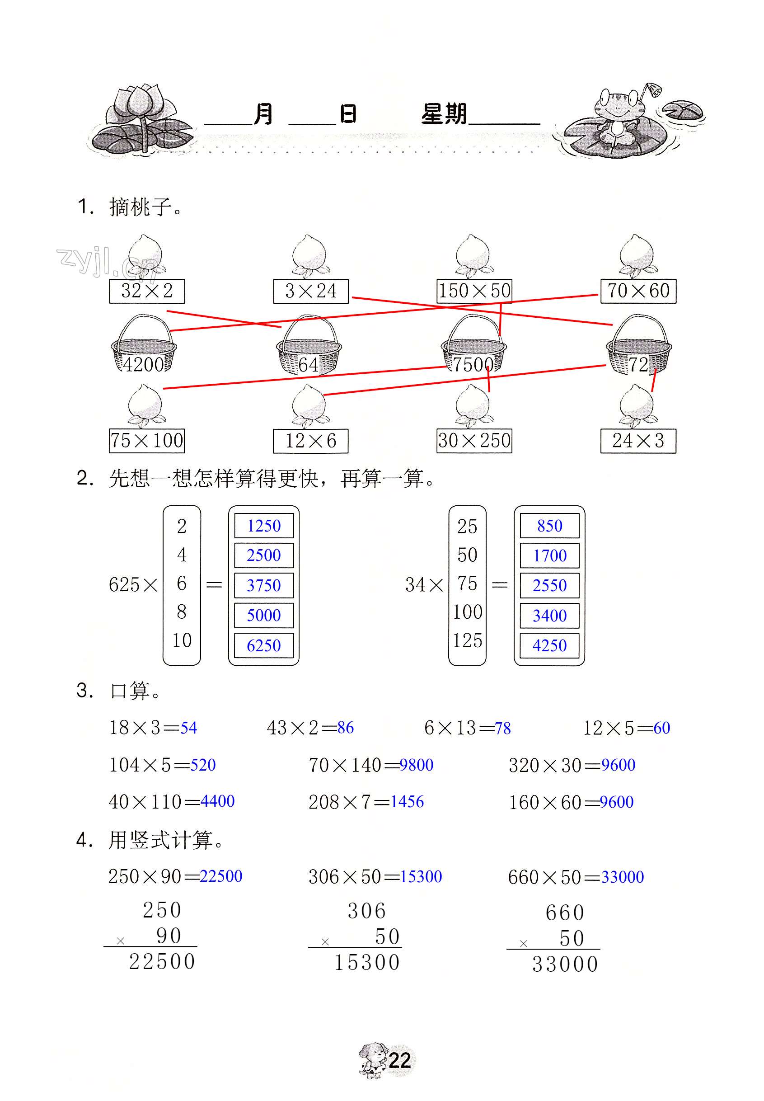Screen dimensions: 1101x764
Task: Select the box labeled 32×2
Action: click(x=146, y=291)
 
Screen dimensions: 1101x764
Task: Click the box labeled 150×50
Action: click(x=474, y=291)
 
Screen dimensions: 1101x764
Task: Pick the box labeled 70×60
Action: click(x=638, y=291)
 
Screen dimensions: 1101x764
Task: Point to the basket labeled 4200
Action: click(x=144, y=346)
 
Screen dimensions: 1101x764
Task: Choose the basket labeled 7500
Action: click(x=473, y=346)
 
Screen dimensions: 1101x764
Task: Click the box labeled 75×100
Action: click(x=146, y=441)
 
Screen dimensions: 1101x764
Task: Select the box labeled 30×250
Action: click(x=474, y=441)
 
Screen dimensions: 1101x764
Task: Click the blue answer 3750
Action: click(x=264, y=585)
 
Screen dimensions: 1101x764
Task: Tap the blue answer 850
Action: click(x=549, y=526)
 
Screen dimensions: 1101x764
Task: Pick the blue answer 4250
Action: click(x=549, y=645)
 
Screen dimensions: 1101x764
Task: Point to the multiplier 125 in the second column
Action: click(x=467, y=641)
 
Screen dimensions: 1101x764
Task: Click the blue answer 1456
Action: click(x=407, y=802)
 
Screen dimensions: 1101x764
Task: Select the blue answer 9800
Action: click(x=417, y=765)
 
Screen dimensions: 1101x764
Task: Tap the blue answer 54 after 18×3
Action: click(x=188, y=728)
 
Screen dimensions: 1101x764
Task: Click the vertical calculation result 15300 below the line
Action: click(x=367, y=963)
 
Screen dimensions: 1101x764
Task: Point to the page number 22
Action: click(x=399, y=1061)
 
